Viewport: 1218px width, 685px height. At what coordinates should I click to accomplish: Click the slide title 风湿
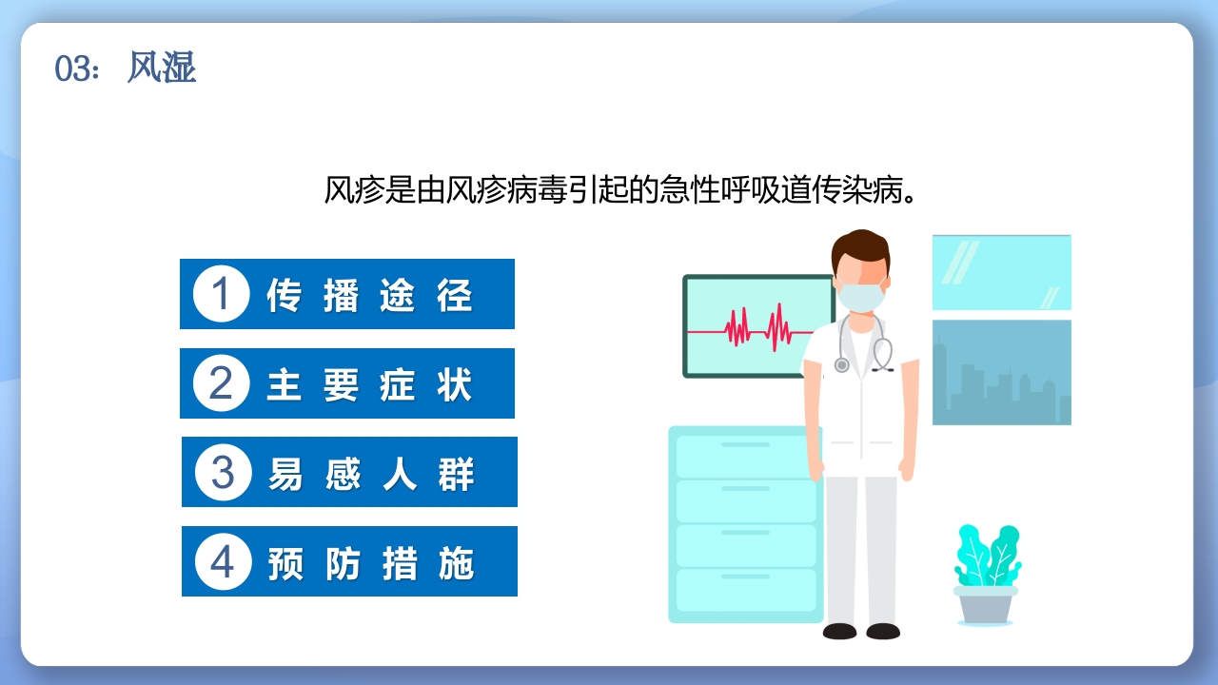162,68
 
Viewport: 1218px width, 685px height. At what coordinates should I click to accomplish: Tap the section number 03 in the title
72,69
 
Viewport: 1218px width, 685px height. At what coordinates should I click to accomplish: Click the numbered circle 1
221,294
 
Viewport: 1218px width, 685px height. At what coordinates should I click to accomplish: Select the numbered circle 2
221,383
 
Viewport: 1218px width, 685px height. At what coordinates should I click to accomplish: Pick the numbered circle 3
223,472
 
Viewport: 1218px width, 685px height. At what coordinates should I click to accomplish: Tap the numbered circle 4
223,561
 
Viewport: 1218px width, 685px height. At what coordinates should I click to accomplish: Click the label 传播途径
369,295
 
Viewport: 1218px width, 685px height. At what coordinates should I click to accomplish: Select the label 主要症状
369,384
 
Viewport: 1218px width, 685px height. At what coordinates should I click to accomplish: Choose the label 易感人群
370,473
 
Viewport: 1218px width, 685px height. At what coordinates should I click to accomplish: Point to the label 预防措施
370,562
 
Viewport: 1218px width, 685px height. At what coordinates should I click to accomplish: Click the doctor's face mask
861,296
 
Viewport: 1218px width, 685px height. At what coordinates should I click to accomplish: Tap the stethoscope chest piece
841,364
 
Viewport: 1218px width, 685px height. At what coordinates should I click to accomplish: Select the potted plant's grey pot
985,604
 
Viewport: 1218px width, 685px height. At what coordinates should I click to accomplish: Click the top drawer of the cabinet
745,454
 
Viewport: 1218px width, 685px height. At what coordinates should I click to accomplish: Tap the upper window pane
1001,272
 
